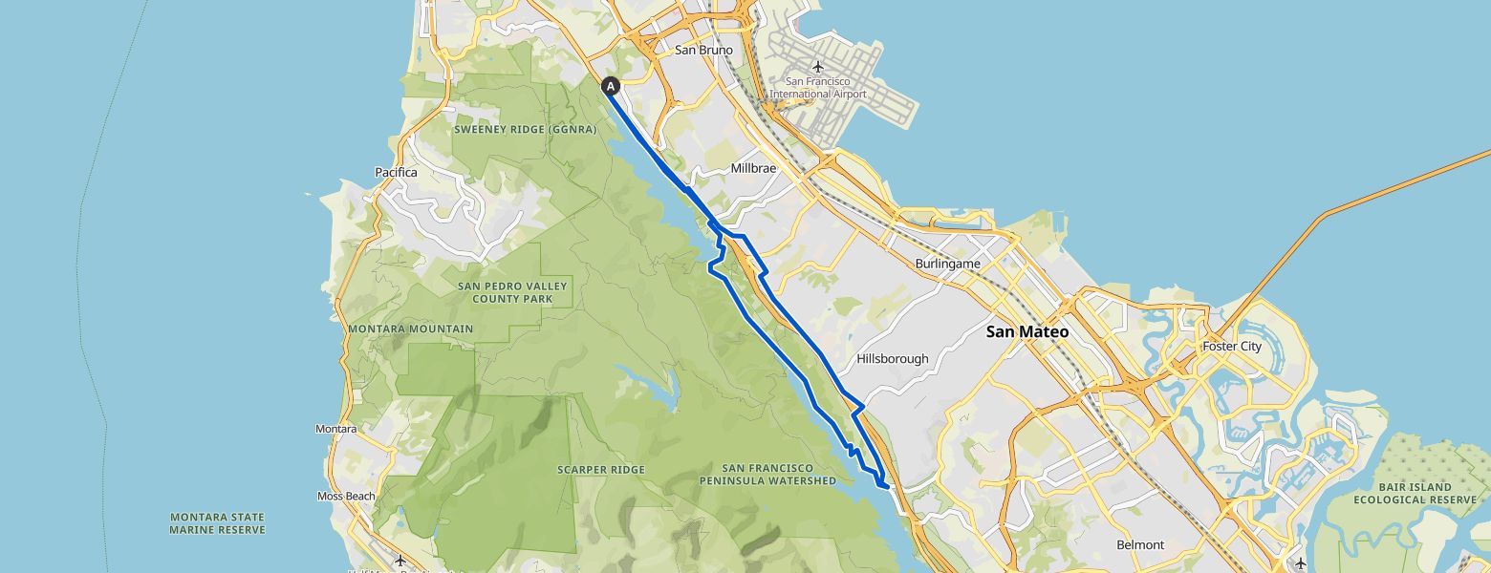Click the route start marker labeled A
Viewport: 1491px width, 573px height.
point(611,86)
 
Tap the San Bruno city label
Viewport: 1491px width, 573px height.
point(703,50)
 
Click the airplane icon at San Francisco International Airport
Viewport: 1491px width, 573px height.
point(817,67)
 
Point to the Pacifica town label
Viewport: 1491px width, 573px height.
point(396,173)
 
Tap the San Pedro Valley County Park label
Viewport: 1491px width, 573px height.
point(512,292)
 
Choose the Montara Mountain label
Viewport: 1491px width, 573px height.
point(410,329)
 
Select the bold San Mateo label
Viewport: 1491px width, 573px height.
point(1027,332)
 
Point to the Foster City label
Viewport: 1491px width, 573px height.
point(1232,347)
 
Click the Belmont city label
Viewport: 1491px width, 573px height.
point(1140,545)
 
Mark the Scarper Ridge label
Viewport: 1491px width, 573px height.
point(600,470)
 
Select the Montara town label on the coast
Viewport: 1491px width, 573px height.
point(335,430)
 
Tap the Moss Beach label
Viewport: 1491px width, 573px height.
point(346,497)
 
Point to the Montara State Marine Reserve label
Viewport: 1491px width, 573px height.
point(217,522)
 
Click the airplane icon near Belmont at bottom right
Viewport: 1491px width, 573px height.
point(1300,562)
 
